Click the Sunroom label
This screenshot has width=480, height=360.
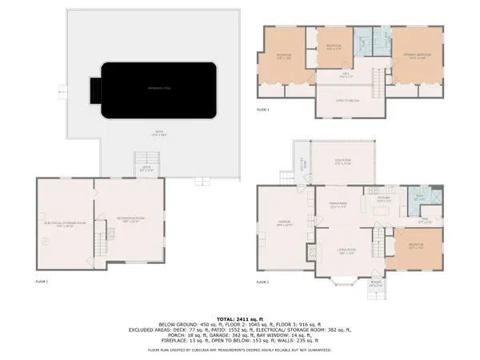(342, 160)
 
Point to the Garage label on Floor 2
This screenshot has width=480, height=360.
(284, 224)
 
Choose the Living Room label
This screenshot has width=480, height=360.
(346, 252)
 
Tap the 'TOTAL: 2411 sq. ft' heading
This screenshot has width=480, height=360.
(240, 318)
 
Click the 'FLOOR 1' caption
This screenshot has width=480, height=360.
(42, 282)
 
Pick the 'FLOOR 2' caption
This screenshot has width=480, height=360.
(263, 282)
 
